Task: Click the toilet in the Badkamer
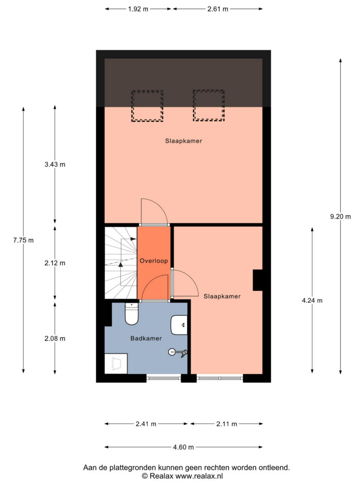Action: tap(132, 314)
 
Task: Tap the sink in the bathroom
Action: tap(179, 325)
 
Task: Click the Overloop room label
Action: tap(154, 261)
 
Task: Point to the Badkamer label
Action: tap(146, 338)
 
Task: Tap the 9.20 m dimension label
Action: tap(340, 216)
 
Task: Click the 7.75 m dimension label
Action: tap(24, 240)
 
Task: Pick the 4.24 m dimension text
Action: tap(312, 300)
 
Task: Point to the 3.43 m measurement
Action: tap(55, 164)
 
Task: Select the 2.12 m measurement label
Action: tap(55, 263)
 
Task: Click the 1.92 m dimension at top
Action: tap(138, 9)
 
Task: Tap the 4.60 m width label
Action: tap(183, 447)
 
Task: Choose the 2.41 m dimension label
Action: tap(146, 424)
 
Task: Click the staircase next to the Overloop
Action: tap(121, 263)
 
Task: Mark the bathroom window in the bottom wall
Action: tap(164, 377)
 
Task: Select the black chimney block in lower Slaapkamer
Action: tap(258, 280)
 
